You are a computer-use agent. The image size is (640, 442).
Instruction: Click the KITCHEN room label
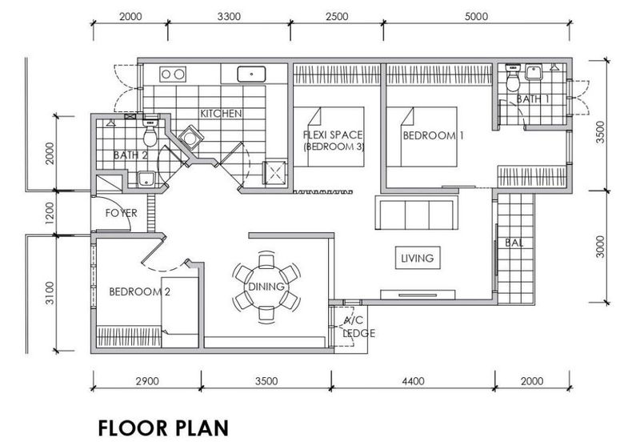(221, 114)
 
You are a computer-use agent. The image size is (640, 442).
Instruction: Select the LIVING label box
(418, 258)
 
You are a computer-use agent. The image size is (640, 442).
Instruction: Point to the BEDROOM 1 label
(433, 137)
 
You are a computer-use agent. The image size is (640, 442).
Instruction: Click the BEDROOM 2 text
(140, 291)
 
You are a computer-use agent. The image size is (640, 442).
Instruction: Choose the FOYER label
(122, 213)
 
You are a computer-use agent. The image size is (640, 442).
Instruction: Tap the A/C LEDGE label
(354, 327)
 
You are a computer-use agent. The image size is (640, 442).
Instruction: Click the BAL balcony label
(514, 242)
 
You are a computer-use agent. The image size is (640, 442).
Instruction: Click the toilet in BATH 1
(515, 78)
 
